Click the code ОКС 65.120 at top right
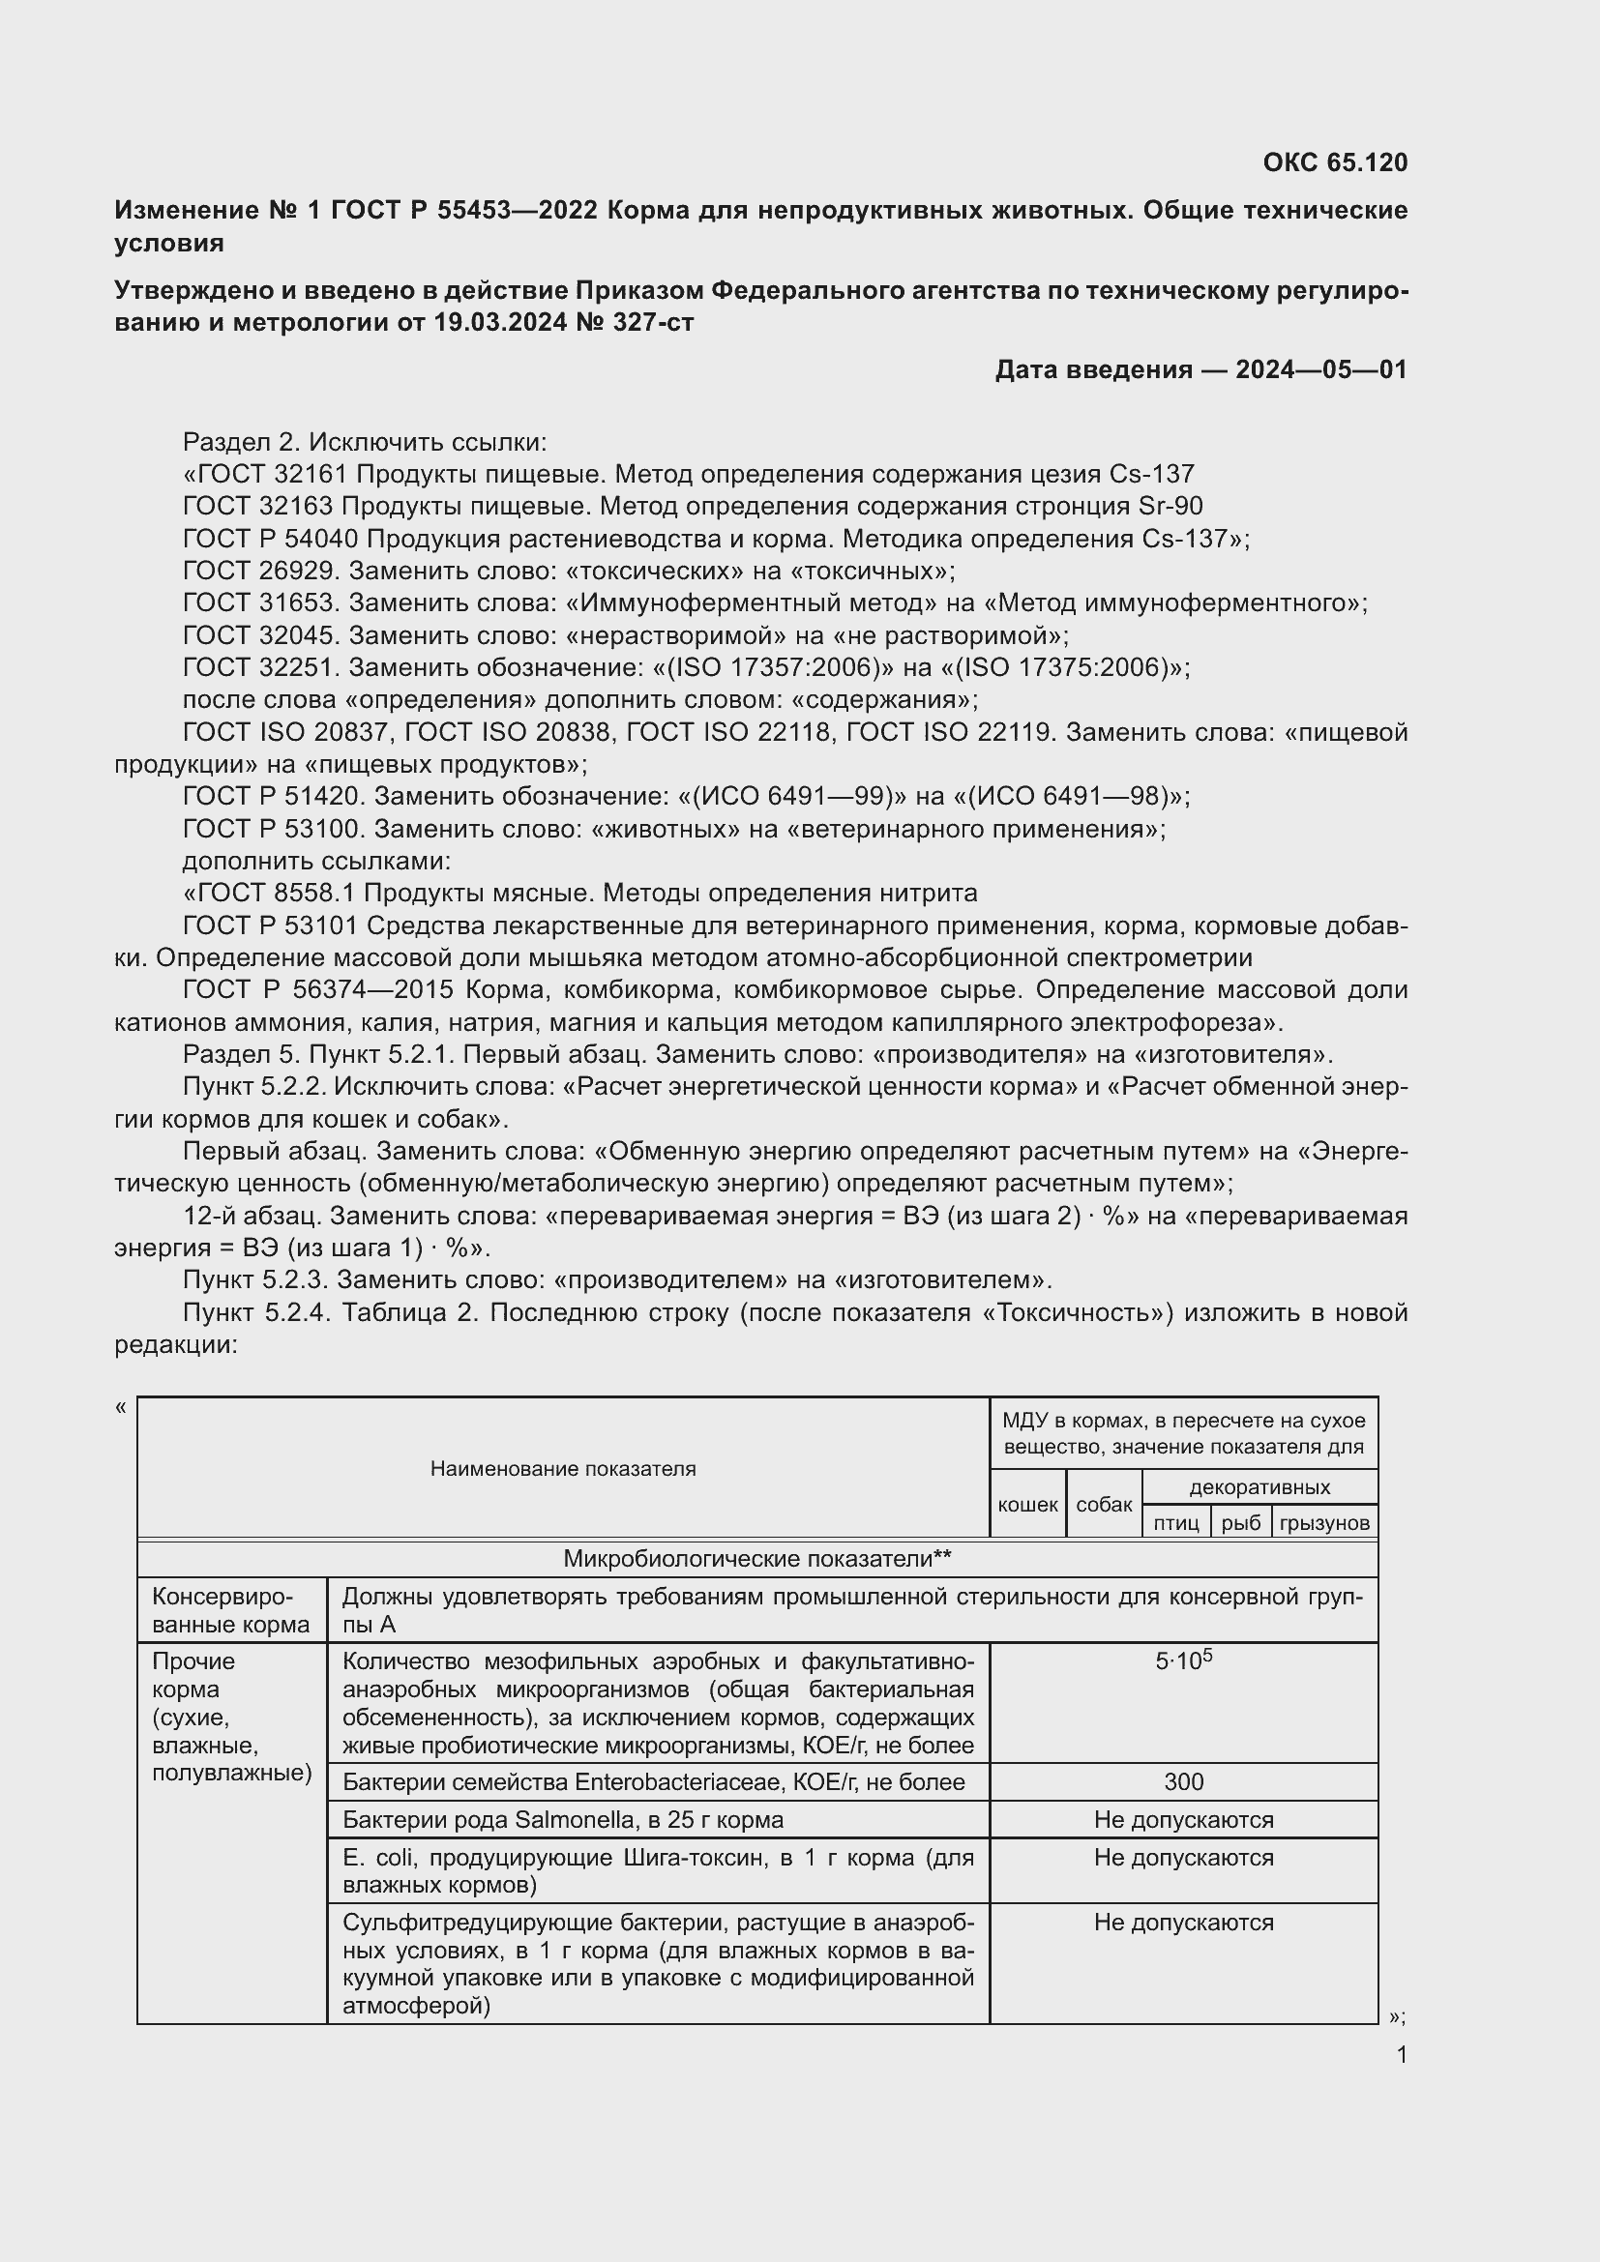click(1334, 162)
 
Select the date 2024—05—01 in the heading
click(1320, 369)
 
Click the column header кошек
click(1026, 1505)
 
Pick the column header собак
click(1104, 1505)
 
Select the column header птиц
click(1175, 1523)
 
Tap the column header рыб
click(1240, 1523)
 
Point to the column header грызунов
click(1324, 1523)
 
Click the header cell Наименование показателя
click(563, 1469)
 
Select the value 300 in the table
click(1183, 1781)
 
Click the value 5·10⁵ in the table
click(1183, 1660)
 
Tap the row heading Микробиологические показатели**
click(756, 1559)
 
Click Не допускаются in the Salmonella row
click(1183, 1820)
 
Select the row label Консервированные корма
click(230, 1610)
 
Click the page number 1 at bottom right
click(1402, 2054)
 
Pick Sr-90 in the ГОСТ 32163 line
click(1170, 507)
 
